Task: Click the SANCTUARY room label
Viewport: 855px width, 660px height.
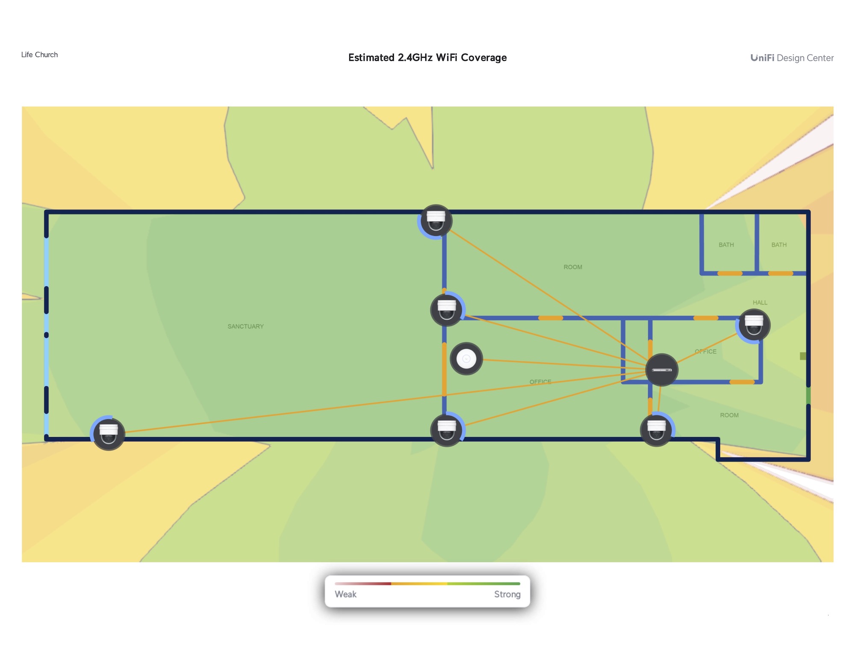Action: pyautogui.click(x=245, y=326)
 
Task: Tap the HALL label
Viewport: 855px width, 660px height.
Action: pyautogui.click(x=760, y=302)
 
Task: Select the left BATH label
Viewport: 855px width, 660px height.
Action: pyautogui.click(x=726, y=245)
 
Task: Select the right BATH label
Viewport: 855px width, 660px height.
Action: pyautogui.click(x=779, y=245)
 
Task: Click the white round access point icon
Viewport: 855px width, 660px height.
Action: pyautogui.click(x=466, y=359)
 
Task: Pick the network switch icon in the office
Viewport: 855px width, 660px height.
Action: pyautogui.click(x=662, y=370)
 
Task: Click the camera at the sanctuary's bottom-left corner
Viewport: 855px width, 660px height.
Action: pyautogui.click(x=109, y=433)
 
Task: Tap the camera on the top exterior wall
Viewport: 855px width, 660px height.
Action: pyautogui.click(x=436, y=221)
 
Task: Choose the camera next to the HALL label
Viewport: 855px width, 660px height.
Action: pyautogui.click(x=754, y=326)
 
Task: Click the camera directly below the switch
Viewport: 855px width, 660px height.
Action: pyautogui.click(x=657, y=430)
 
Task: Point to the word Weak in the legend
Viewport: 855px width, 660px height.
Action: pyautogui.click(x=345, y=594)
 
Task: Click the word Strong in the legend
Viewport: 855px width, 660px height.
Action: pyautogui.click(x=507, y=594)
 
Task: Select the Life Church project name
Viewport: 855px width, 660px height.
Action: pyautogui.click(x=39, y=55)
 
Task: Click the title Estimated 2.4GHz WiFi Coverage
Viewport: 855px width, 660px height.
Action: pyautogui.click(x=427, y=58)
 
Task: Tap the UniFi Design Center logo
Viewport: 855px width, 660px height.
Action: pyautogui.click(x=792, y=58)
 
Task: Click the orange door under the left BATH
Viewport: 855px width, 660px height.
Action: pyautogui.click(x=730, y=273)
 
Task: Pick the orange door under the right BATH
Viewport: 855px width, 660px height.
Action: pyautogui.click(x=781, y=273)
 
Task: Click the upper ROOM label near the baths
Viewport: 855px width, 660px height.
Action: pyautogui.click(x=573, y=267)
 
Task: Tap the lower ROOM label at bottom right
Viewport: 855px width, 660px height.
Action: pyautogui.click(x=729, y=415)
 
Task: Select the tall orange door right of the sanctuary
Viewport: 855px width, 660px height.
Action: pyautogui.click(x=445, y=369)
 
